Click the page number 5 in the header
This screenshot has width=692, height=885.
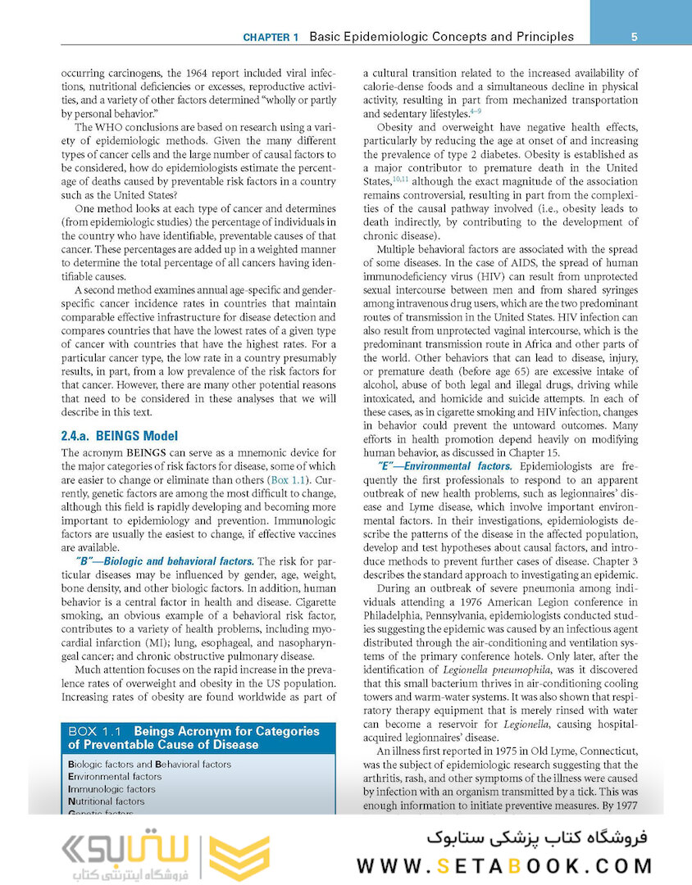click(635, 37)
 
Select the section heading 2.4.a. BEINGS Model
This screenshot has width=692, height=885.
click(119, 436)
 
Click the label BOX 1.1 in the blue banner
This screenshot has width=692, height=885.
click(94, 731)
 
